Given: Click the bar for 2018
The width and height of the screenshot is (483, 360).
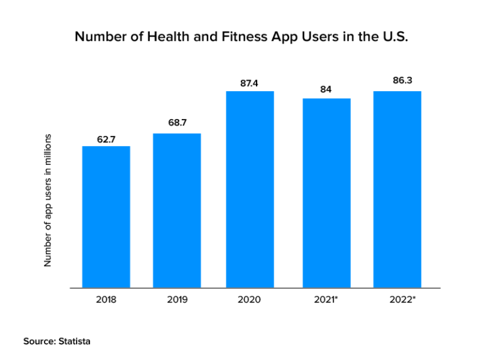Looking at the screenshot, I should pyautogui.click(x=106, y=217).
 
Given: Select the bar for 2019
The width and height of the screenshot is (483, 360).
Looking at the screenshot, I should pyautogui.click(x=177, y=211).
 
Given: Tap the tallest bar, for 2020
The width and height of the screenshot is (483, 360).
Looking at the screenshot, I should pyautogui.click(x=250, y=189).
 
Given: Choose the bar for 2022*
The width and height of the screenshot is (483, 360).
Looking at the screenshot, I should pyautogui.click(x=397, y=189).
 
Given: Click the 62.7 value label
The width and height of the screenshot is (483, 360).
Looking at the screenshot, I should pyautogui.click(x=106, y=139).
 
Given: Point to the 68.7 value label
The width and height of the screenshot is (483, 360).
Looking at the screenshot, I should pyautogui.click(x=177, y=123).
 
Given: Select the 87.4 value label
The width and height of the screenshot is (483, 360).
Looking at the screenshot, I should pyautogui.click(x=250, y=82).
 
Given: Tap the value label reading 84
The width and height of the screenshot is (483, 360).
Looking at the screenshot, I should pyautogui.click(x=326, y=89).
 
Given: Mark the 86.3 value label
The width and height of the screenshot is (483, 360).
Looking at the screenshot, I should pyautogui.click(x=397, y=81).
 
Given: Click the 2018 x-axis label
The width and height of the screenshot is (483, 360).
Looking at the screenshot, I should pyautogui.click(x=106, y=300).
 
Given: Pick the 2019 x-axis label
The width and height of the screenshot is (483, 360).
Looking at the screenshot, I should pyautogui.click(x=177, y=300).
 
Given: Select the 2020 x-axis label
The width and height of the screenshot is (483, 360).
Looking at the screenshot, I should pyautogui.click(x=250, y=300).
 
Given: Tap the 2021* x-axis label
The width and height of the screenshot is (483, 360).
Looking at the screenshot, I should pyautogui.click(x=326, y=300).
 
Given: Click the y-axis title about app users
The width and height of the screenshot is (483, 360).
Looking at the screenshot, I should pyautogui.click(x=47, y=200).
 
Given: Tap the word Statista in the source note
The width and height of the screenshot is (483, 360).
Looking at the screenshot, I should pyautogui.click(x=74, y=341).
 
